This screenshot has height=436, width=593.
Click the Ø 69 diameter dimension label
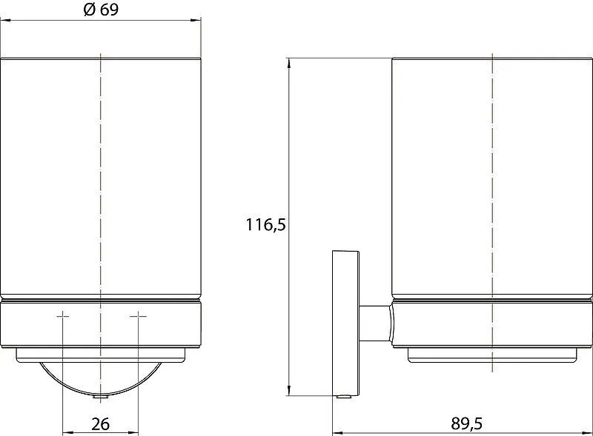101,10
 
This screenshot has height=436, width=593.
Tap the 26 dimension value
101,424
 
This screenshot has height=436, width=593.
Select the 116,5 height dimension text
266,224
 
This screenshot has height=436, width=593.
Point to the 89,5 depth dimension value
467,423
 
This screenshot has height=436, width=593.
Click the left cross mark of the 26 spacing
63,315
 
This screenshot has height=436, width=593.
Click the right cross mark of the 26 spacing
139,315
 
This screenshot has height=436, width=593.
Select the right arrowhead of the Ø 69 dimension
196,20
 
